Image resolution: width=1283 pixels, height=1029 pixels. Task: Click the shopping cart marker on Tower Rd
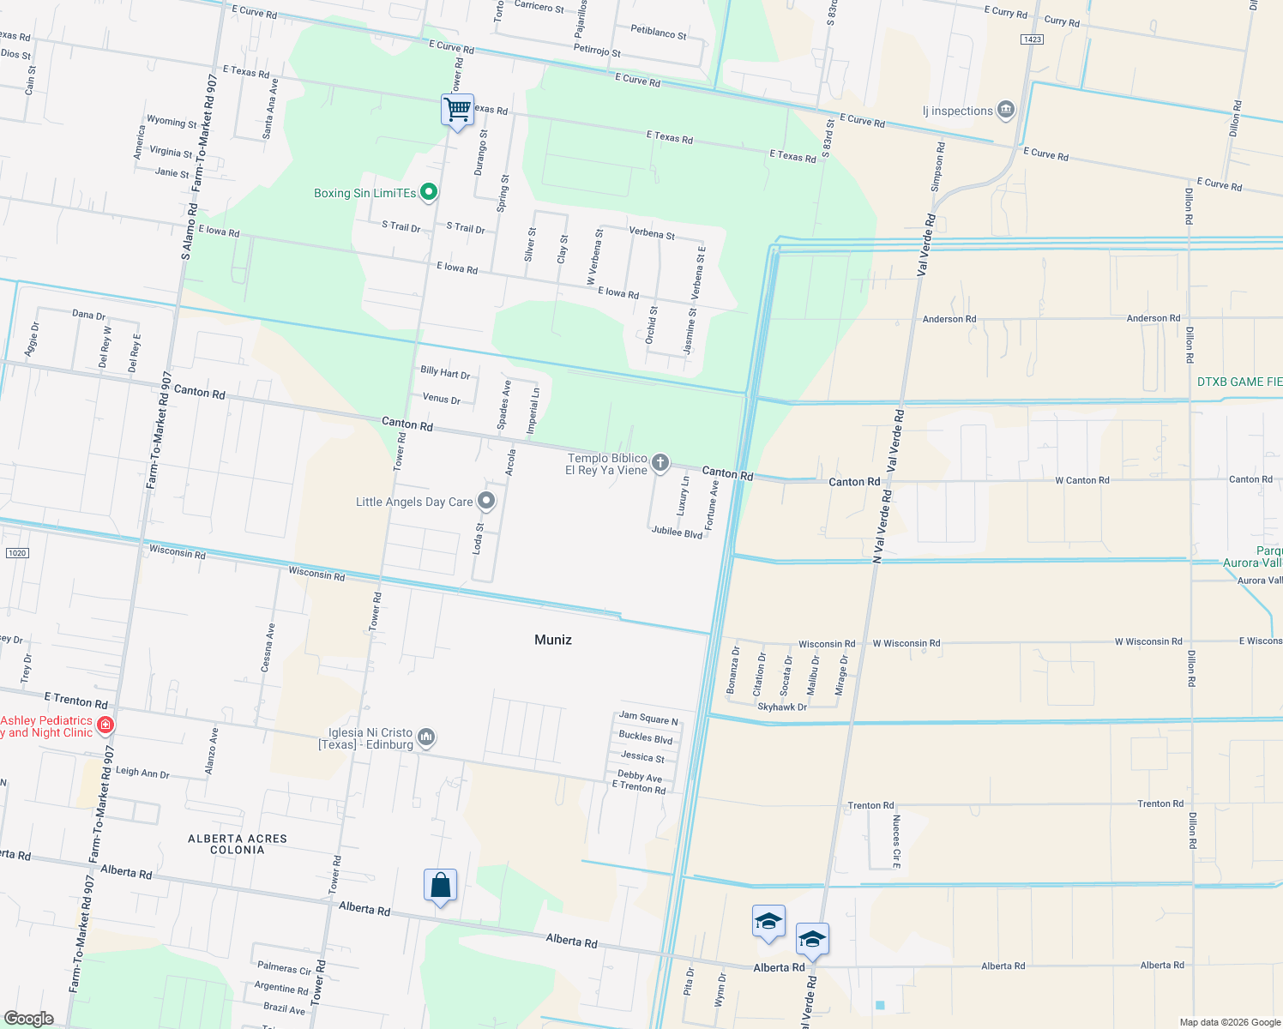tap(457, 110)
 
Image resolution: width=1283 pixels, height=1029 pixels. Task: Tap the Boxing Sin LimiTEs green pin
tap(429, 193)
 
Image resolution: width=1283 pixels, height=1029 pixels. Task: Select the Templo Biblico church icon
tap(660, 463)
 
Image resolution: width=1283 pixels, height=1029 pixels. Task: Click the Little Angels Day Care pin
tap(486, 501)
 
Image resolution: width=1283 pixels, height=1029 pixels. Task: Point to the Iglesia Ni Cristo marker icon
tap(426, 737)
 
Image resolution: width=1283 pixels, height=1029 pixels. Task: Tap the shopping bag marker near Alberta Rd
tap(440, 886)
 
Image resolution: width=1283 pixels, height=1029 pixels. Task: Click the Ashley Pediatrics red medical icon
tap(105, 726)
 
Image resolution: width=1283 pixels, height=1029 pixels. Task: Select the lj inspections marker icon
tap(1006, 110)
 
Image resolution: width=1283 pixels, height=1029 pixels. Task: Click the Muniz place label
tap(552, 640)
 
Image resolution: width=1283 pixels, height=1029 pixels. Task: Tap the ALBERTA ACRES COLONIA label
tap(238, 844)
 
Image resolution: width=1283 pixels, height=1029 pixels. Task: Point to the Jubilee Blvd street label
tap(677, 533)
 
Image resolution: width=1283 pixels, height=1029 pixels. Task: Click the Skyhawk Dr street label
tap(782, 707)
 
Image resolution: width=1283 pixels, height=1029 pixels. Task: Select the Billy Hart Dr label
tap(445, 372)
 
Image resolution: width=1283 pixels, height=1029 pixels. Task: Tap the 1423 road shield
tap(1032, 39)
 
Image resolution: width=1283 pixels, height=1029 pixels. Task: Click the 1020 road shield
tap(17, 553)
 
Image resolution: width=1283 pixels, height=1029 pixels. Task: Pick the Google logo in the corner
tap(28, 1018)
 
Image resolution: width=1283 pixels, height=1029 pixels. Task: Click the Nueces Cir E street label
tap(896, 842)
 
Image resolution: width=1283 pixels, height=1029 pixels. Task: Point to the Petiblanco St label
tap(659, 33)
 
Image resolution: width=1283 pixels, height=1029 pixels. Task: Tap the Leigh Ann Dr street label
tap(142, 773)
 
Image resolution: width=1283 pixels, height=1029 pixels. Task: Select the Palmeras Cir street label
tap(284, 968)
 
